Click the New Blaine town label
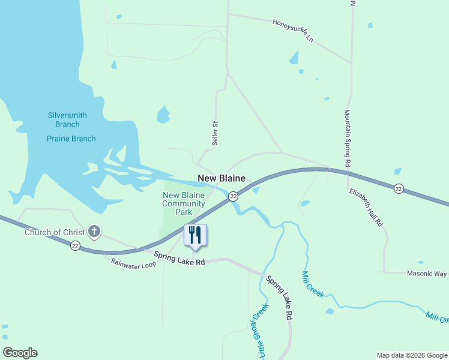click(x=221, y=179)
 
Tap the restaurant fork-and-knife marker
click(x=194, y=235)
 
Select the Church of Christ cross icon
click(x=94, y=231)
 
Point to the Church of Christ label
click(x=55, y=232)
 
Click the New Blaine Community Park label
click(x=184, y=203)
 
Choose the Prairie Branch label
click(x=71, y=139)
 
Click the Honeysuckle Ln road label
click(x=293, y=31)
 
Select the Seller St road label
click(x=214, y=133)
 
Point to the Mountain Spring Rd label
click(x=347, y=138)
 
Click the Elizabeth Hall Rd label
click(x=366, y=207)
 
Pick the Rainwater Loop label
click(x=133, y=263)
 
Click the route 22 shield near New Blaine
click(x=233, y=197)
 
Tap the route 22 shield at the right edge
click(x=399, y=189)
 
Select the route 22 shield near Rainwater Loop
click(x=74, y=246)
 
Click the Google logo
click(x=20, y=353)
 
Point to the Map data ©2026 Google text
click(x=412, y=355)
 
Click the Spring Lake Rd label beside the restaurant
click(x=179, y=259)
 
